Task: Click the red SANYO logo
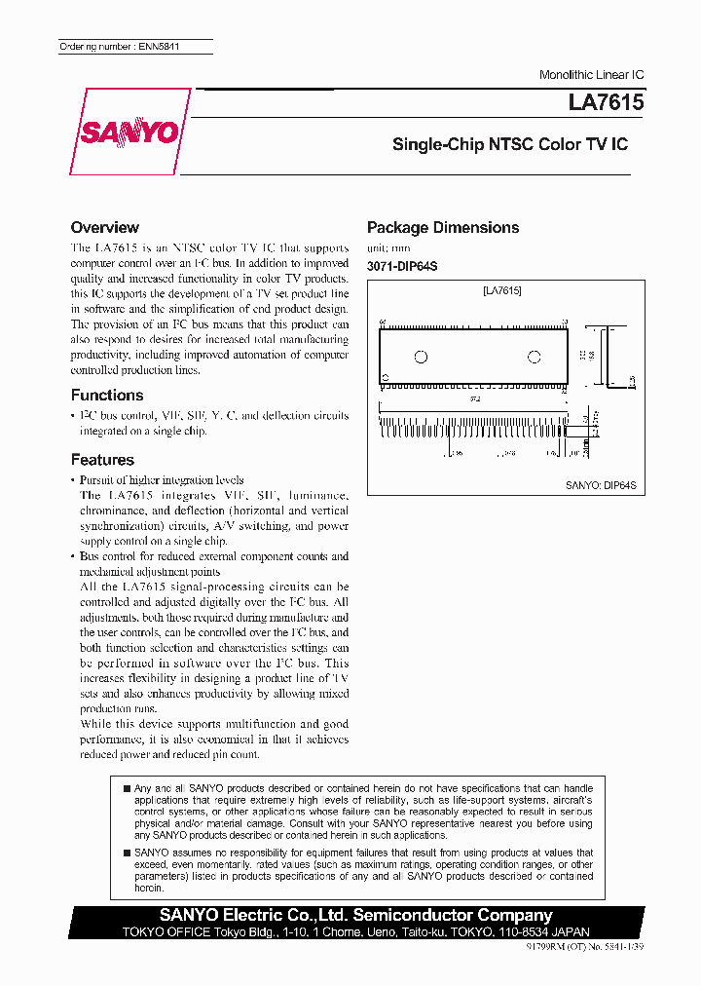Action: point(129,133)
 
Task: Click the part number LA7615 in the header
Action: point(606,102)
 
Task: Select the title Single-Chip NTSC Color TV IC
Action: point(509,144)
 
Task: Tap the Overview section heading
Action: point(105,227)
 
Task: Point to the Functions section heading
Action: point(107,395)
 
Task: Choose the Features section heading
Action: point(102,460)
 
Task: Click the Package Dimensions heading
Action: point(443,227)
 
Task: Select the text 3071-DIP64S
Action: point(402,267)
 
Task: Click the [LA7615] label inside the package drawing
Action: point(502,290)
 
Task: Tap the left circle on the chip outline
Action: point(422,357)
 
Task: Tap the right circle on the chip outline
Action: point(533,357)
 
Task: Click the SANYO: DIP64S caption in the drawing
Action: point(601,484)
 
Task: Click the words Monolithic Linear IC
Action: point(591,75)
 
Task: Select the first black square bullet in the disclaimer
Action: point(126,788)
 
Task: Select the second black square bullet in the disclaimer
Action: point(126,853)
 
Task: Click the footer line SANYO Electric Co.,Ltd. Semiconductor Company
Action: point(355,915)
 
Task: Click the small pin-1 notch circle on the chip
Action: point(385,376)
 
